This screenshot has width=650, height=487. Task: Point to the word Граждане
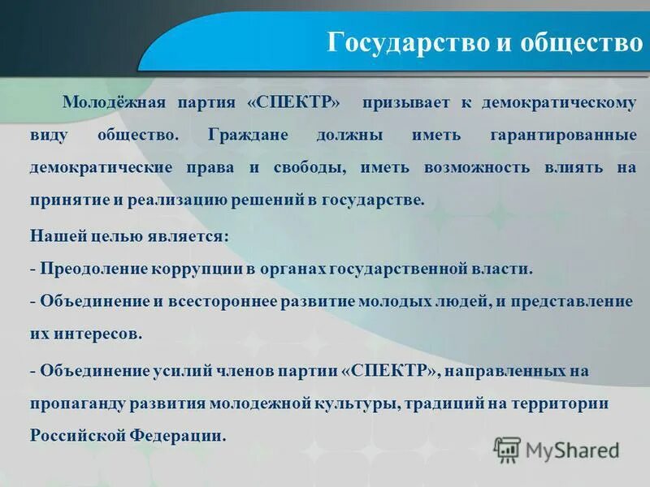tap(248, 136)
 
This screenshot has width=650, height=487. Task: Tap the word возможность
tap(476, 167)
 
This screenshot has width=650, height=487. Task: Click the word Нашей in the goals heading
tap(54, 236)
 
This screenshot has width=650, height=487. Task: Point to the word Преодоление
tap(89, 269)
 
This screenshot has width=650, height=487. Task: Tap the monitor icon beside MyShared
tap(507, 450)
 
